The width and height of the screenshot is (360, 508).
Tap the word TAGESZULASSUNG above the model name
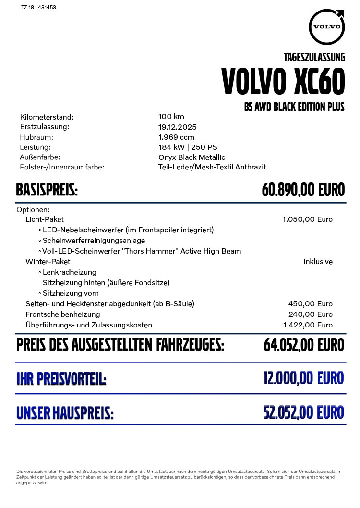click(314, 58)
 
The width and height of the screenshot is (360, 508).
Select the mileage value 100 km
click(171, 117)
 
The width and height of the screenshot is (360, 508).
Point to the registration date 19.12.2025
click(177, 127)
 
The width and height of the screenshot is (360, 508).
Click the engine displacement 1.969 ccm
click(176, 137)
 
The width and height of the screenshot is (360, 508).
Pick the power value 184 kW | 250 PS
click(188, 147)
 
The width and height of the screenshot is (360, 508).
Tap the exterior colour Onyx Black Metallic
click(192, 157)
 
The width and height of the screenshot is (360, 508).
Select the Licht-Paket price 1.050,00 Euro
click(307, 219)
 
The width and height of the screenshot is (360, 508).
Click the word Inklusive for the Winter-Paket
click(318, 262)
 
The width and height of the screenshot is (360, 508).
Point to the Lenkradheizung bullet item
click(69, 272)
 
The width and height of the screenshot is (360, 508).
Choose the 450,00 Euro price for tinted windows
click(310, 304)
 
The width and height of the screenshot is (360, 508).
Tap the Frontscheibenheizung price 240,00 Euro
click(310, 314)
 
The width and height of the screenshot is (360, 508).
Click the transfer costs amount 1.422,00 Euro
click(308, 325)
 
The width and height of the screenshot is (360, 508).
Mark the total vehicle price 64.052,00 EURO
click(304, 345)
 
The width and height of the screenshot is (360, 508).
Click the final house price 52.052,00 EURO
click(303, 412)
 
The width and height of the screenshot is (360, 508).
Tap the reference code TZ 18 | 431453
click(39, 8)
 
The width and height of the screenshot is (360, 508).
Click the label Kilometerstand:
click(47, 117)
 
